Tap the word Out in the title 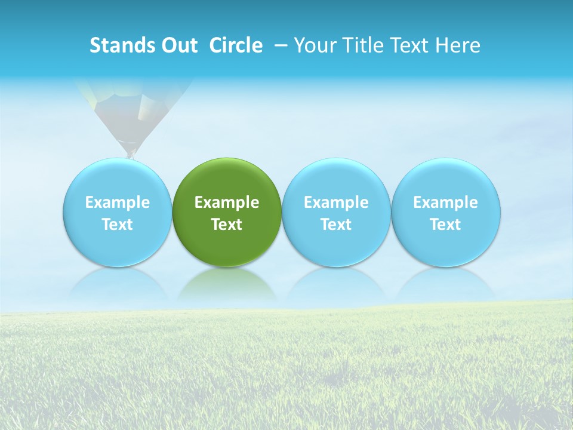coord(177,45)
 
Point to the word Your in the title coord(314,45)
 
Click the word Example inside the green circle coord(227,202)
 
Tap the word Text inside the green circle coord(227,225)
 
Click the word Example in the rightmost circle coord(446,202)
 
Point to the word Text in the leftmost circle coord(118,225)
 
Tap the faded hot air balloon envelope coord(134,105)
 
